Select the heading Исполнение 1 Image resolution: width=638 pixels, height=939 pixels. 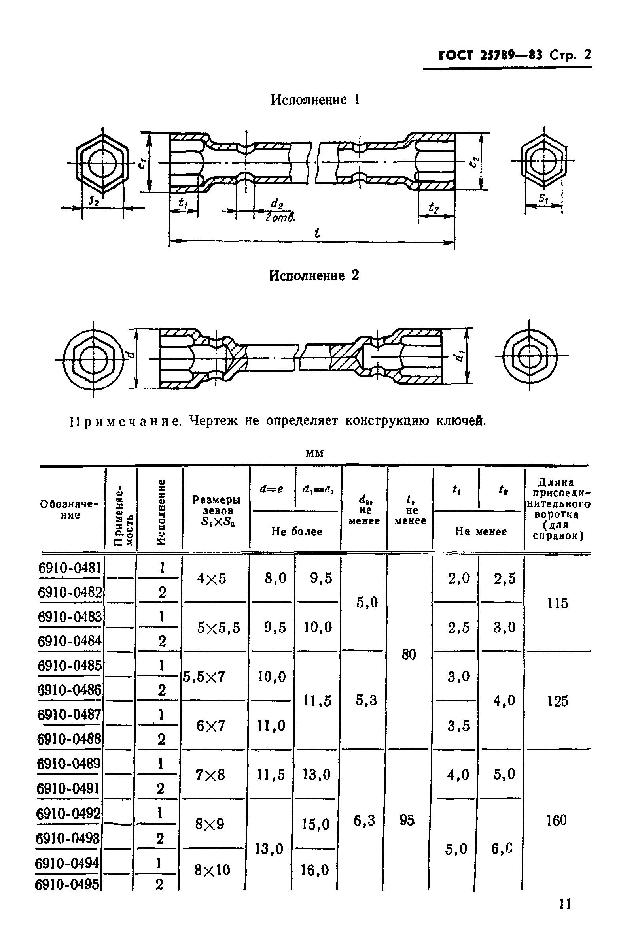tap(314, 100)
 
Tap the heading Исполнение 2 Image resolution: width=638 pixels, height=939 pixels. tap(314, 275)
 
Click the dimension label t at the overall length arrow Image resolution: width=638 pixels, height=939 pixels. tap(317, 233)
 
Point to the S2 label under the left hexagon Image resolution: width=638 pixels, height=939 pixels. tap(94, 200)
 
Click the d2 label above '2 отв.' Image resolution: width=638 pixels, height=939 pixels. tap(277, 204)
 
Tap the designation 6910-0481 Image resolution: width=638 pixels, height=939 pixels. tap(70, 568)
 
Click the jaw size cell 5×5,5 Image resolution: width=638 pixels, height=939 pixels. tap(219, 628)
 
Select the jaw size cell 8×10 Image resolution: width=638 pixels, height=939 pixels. tap(212, 869)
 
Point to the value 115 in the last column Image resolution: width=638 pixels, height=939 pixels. tap(558, 603)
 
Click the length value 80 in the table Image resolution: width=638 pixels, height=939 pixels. tap(409, 654)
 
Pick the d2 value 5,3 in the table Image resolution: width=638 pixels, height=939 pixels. tap(366, 700)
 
